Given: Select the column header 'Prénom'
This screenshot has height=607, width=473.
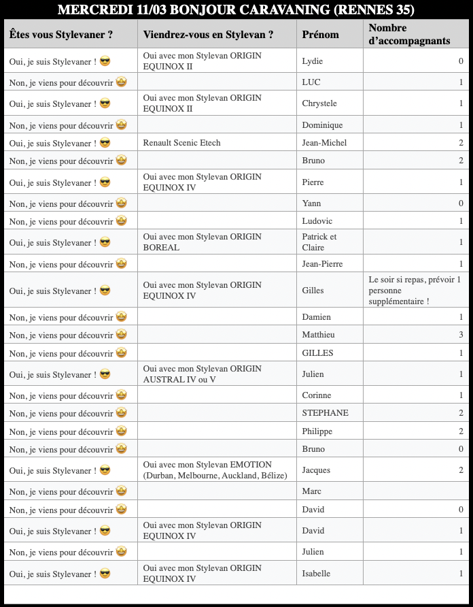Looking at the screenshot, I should point(320,35).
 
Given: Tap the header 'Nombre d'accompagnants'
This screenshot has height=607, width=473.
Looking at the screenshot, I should point(409,35).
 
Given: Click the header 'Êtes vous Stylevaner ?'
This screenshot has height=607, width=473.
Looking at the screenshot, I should point(61,35).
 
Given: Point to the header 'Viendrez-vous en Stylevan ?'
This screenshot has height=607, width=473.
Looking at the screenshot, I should point(209,35).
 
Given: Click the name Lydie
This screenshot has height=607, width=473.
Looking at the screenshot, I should point(312,61).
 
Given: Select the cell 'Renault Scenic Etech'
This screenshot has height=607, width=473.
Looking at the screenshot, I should point(182,143).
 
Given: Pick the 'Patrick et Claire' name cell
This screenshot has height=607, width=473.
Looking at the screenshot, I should point(319,242).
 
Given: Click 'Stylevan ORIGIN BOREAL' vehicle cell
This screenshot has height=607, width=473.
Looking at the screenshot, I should point(202,242).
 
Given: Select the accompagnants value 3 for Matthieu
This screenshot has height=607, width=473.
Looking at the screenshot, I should point(461,335).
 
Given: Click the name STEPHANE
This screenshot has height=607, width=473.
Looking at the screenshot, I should point(325,413).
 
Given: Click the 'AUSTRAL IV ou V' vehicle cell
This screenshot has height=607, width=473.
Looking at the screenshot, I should point(202,374).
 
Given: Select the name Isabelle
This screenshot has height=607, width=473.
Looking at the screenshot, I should point(316,574).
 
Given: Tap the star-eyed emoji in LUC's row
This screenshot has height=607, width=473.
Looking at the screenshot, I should point(121,82).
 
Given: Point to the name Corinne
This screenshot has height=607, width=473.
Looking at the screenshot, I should point(317,395).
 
